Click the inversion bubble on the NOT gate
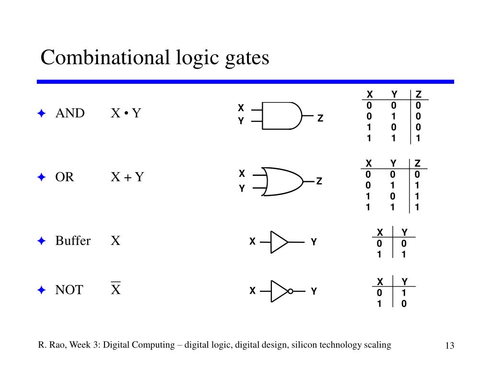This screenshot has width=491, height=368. point(290,291)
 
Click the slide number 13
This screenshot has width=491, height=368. point(449,346)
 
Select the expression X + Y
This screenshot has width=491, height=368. point(128,177)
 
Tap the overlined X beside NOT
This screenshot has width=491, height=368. point(116,289)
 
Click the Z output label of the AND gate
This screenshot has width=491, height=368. point(320,118)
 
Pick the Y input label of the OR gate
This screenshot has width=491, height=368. point(242,189)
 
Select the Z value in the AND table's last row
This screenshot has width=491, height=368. point(418,138)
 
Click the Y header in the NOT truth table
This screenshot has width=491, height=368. point(404,281)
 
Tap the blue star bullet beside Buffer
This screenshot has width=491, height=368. point(42,241)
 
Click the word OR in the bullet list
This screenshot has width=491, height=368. point(65,177)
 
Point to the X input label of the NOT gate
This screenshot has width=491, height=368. point(252,291)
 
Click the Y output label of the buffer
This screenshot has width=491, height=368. point(314,242)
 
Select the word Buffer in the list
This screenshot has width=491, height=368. point(73,241)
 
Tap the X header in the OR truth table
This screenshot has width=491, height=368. point(369,163)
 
